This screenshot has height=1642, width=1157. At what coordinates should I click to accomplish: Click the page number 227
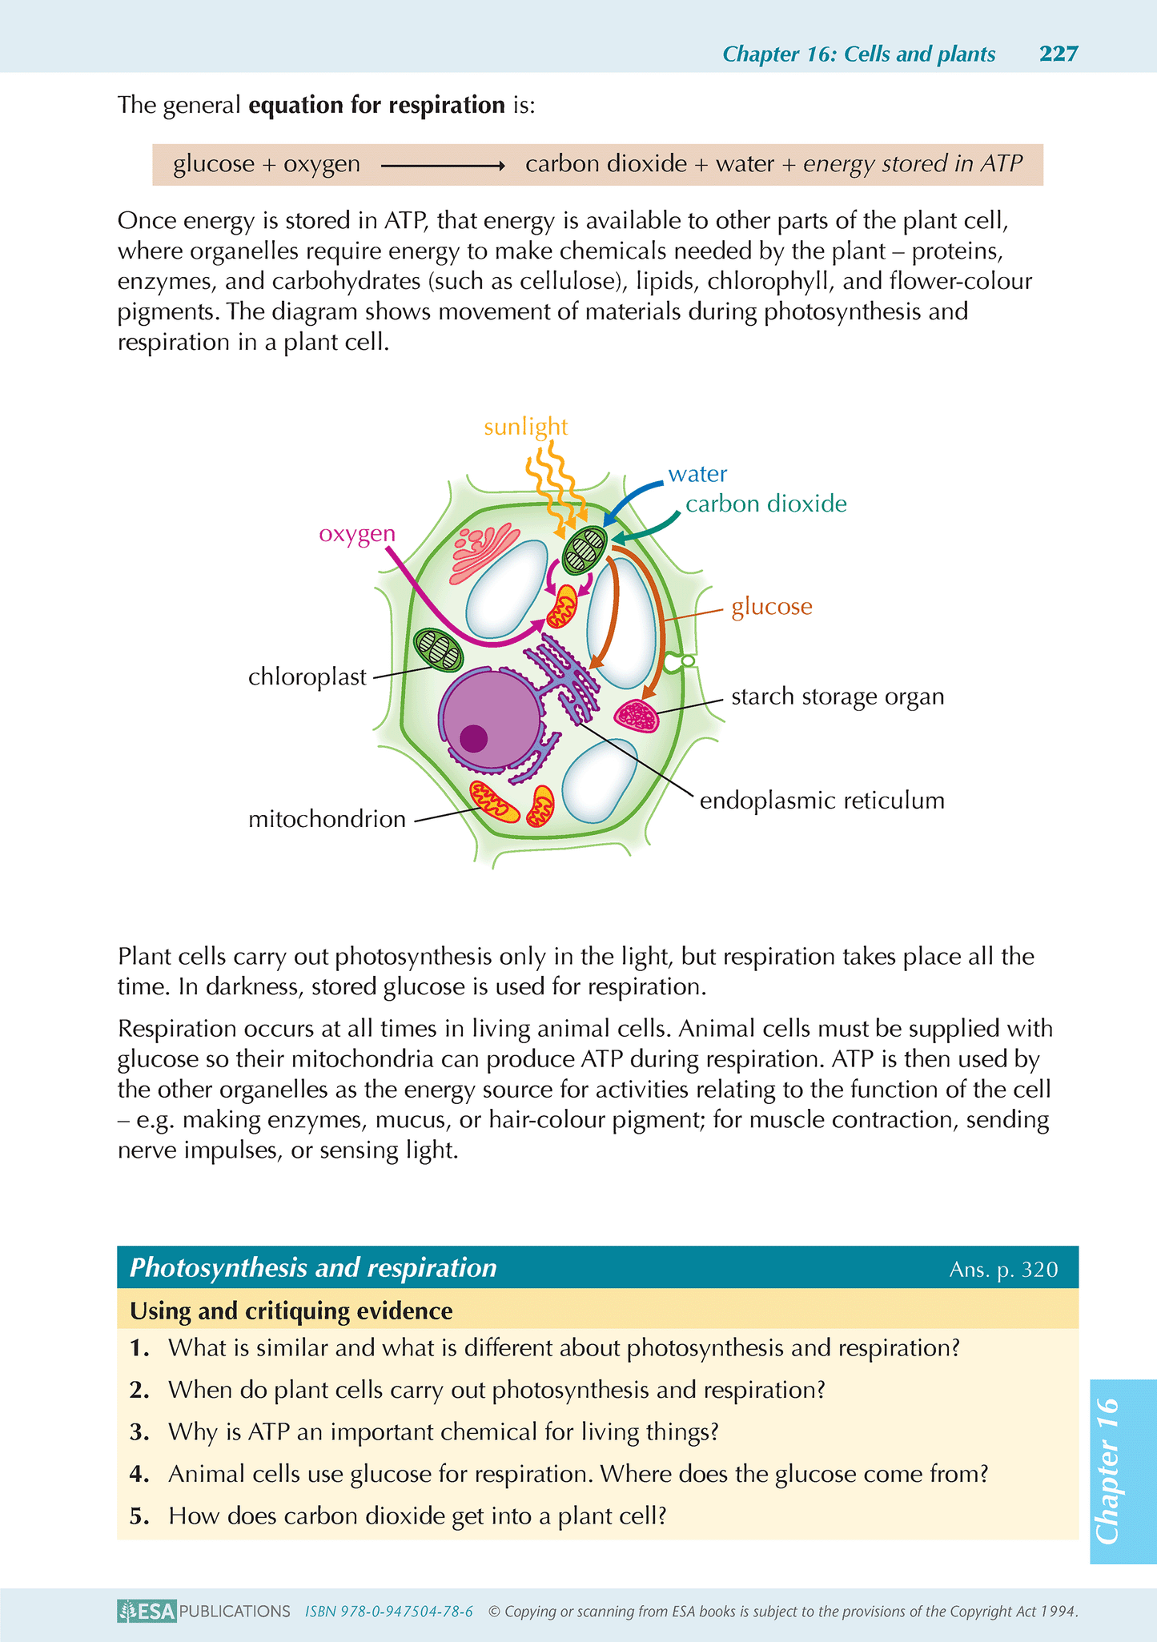(x=1059, y=54)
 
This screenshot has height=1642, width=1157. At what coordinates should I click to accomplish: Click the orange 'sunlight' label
(x=525, y=427)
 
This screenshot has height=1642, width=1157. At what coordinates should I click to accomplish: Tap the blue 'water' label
(x=697, y=474)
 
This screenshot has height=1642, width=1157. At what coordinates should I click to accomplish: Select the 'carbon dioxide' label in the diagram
(x=765, y=504)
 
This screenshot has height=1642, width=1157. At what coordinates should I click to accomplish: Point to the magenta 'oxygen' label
(x=357, y=534)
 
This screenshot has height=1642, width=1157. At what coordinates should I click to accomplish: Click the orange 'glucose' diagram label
(x=772, y=607)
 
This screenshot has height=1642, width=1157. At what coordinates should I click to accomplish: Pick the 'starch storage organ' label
(x=838, y=697)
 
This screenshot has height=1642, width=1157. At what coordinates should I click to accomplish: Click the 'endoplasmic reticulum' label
(x=822, y=801)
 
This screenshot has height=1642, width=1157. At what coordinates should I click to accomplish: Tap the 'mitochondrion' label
(x=327, y=819)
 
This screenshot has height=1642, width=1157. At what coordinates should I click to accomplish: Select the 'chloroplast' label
(x=307, y=677)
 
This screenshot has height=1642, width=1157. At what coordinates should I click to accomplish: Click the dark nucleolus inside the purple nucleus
(x=474, y=737)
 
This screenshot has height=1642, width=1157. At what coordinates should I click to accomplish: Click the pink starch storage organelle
(x=637, y=715)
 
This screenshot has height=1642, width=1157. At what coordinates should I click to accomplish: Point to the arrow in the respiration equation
(x=442, y=166)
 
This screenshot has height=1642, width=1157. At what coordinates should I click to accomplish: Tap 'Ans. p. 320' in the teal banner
(x=1003, y=1270)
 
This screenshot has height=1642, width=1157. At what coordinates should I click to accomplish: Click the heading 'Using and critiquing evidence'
(x=291, y=1311)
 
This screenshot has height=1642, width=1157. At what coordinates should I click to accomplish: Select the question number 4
(x=139, y=1474)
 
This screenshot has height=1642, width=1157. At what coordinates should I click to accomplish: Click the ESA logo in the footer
(x=147, y=1611)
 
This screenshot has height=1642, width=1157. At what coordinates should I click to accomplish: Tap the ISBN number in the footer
(x=388, y=1612)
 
